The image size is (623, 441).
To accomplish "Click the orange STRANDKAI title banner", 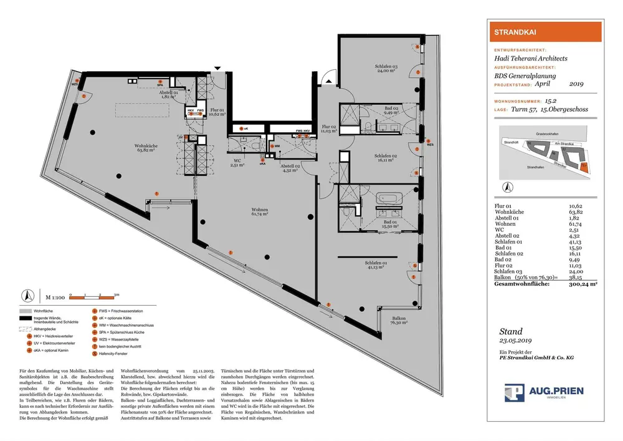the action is tap(543, 31).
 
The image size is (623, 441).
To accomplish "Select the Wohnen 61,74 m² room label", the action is tap(260, 211).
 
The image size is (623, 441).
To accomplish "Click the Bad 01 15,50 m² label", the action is tap(390, 225).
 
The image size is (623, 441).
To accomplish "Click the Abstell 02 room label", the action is tap(290, 165).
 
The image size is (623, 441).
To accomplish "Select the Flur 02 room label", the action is tap(329, 129).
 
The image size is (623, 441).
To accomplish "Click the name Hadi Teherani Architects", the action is tap(530, 59).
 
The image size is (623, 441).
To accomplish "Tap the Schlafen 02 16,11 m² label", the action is tap(386, 158).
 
